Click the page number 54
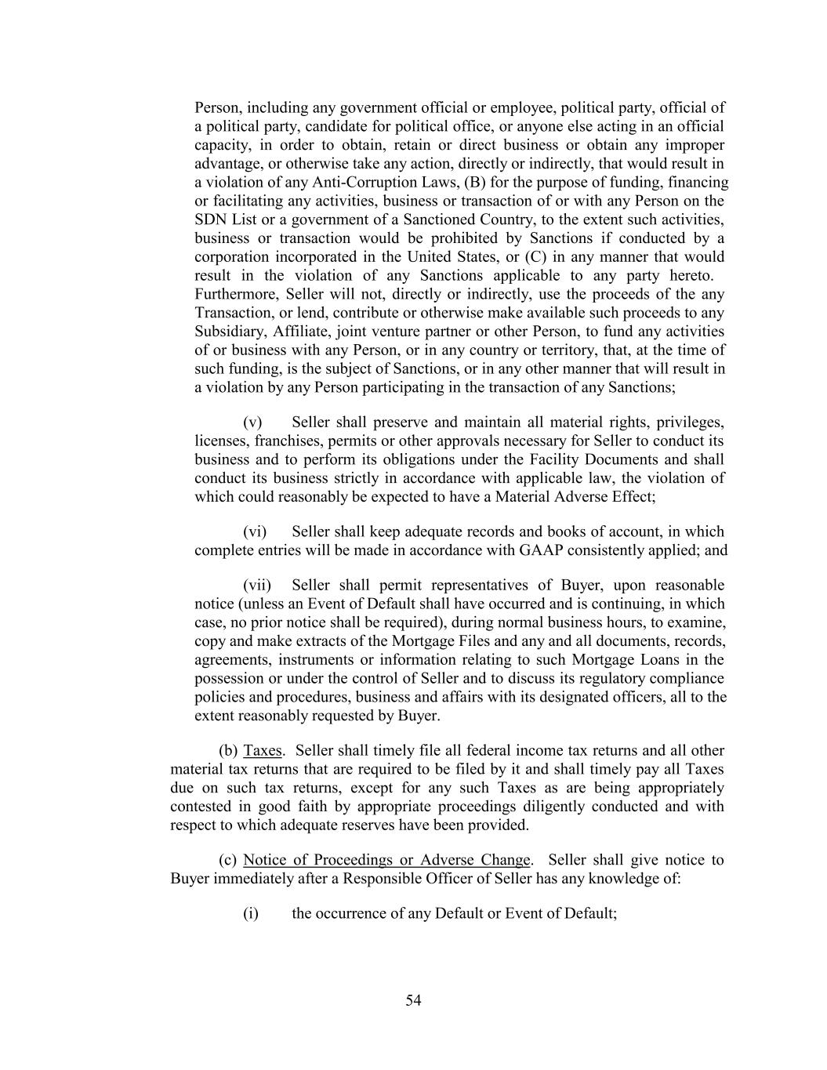(413, 1000)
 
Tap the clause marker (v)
(252, 423)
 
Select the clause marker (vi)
(255, 531)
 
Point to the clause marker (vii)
(257, 586)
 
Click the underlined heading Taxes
(263, 751)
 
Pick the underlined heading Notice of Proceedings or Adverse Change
(386, 860)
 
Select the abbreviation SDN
(210, 220)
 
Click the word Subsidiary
(229, 332)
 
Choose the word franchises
(288, 441)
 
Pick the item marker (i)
(251, 914)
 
